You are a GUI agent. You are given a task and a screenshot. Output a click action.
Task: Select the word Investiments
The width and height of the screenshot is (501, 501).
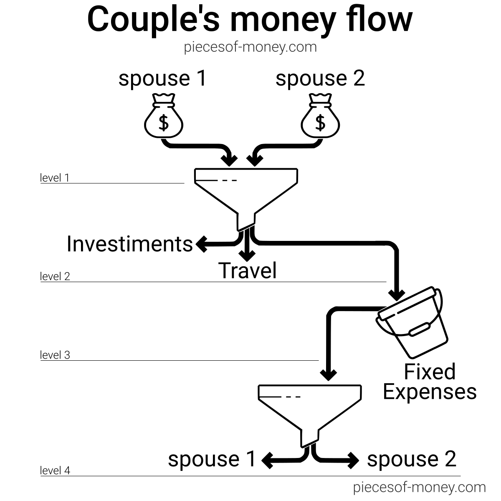tap(130, 244)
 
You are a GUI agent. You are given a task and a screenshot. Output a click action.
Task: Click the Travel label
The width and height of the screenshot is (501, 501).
tap(248, 270)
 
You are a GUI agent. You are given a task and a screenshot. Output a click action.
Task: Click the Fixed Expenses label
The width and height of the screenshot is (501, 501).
tap(430, 382)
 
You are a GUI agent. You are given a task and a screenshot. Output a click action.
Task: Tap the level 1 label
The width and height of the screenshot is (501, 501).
tap(55, 178)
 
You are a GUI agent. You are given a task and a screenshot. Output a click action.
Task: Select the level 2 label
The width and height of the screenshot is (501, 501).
tap(55, 276)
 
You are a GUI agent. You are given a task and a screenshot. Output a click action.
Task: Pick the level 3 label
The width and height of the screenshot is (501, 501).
tap(55, 355)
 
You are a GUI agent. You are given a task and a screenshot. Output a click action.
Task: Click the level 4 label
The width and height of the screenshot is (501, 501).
tap(55, 471)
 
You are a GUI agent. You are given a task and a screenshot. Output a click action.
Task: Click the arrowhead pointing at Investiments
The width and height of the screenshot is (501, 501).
tap(202, 244)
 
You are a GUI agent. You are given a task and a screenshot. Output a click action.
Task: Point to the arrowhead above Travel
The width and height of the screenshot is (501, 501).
tap(248, 254)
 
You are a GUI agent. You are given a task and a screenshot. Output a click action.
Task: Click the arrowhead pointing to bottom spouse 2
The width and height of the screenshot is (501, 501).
tap(353, 460)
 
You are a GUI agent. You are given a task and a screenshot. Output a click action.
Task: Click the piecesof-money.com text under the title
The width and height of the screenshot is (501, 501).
tap(250, 47)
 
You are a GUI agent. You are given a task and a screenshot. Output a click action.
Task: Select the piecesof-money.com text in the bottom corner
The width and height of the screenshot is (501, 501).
tap(419, 487)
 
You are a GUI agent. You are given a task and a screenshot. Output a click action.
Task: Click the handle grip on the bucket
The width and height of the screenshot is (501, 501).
tap(420, 329)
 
